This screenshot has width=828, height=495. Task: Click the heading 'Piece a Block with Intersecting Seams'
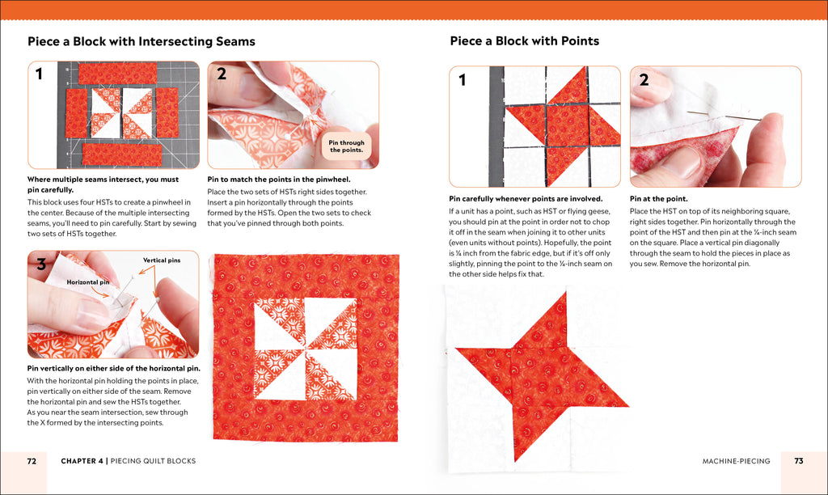tap(141, 41)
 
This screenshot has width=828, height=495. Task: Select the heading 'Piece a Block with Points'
tap(524, 41)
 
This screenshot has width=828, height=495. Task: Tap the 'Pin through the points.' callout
tap(346, 146)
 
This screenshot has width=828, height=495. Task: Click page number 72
tap(32, 461)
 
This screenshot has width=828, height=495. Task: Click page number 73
tap(798, 461)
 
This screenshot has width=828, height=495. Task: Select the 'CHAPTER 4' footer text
tap(82, 461)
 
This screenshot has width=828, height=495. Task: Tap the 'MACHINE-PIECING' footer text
tap(736, 461)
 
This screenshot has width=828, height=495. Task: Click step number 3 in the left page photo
tap(40, 264)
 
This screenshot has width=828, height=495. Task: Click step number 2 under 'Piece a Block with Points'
tap(644, 80)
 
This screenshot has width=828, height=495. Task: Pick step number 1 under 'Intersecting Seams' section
tap(40, 75)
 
